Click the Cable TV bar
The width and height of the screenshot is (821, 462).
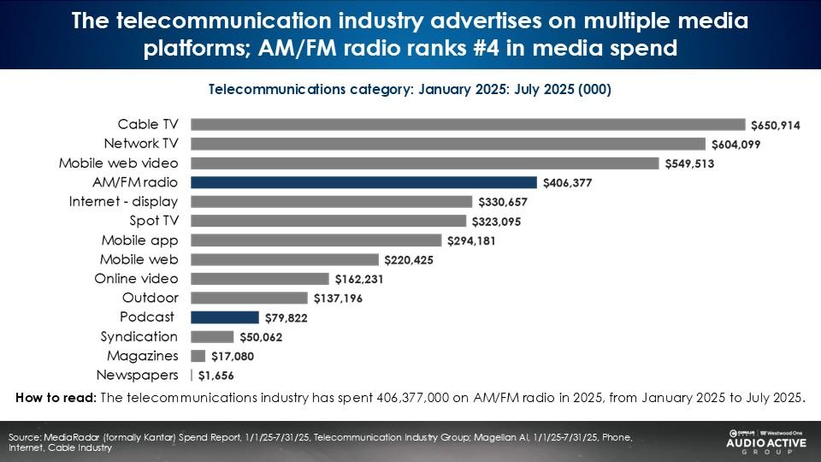pyautogui.click(x=468, y=124)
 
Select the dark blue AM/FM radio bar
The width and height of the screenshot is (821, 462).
pyautogui.click(x=363, y=182)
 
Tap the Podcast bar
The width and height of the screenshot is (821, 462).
pyautogui.click(x=224, y=317)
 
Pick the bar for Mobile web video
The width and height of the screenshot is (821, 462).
pyautogui.click(x=424, y=163)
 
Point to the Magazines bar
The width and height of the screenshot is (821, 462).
pyautogui.click(x=198, y=356)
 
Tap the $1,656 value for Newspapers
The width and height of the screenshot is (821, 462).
pyautogui.click(x=216, y=376)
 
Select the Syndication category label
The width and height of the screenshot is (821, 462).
pyautogui.click(x=139, y=336)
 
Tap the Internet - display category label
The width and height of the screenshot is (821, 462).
pyautogui.click(x=123, y=202)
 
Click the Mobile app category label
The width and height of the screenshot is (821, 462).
pyautogui.click(x=139, y=240)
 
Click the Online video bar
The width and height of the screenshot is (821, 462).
pyautogui.click(x=259, y=279)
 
